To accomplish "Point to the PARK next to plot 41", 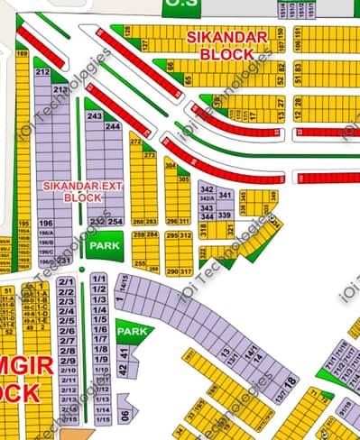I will pyautogui.click(x=133, y=332).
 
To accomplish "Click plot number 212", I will pyautogui.click(x=42, y=71).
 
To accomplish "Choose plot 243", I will pyautogui.click(x=94, y=117).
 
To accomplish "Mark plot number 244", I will pyautogui.click(x=114, y=126).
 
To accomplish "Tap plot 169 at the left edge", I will pyautogui.click(x=21, y=55).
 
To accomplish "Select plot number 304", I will pyautogui.click(x=171, y=165).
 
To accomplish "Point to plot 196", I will pyautogui.click(x=46, y=223).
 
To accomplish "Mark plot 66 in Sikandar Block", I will pyautogui.click(x=170, y=66).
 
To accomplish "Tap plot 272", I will pyautogui.click(x=136, y=142).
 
